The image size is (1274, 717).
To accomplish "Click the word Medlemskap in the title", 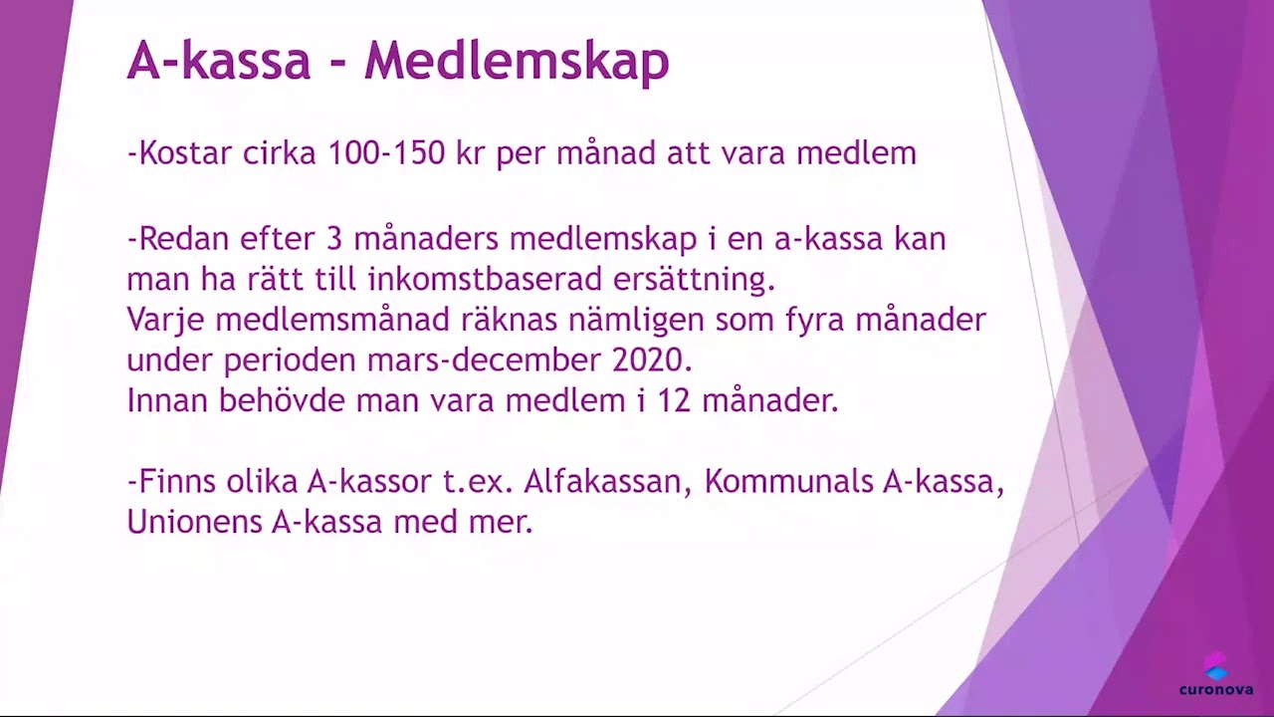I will [x=516, y=62].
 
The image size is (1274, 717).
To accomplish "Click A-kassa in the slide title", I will [x=219, y=62].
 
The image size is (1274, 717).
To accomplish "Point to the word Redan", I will [x=180, y=239].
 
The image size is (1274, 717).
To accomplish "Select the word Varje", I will [x=165, y=320].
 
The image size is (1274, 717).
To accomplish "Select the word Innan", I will [x=166, y=400].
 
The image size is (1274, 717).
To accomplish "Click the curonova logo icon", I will [x=1215, y=666].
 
